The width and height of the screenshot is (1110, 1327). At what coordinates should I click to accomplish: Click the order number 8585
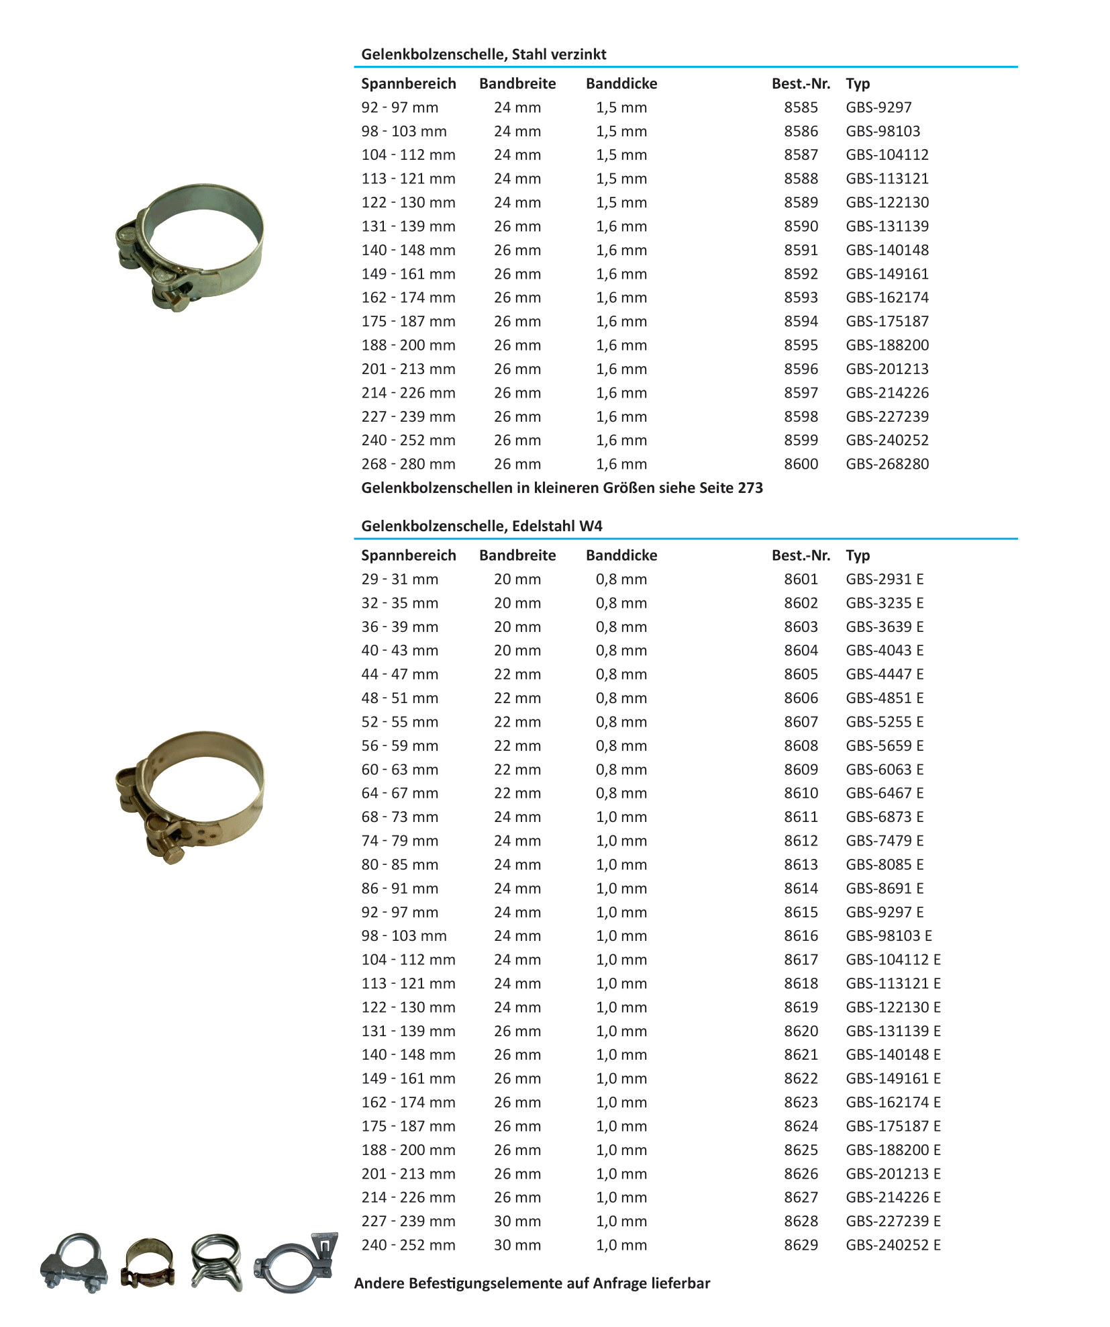tap(801, 107)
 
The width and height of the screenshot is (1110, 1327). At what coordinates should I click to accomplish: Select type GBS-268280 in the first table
tap(887, 464)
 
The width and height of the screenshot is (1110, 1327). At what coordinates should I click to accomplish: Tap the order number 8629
tap(801, 1245)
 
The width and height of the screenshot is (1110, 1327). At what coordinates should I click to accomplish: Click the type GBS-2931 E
tap(885, 579)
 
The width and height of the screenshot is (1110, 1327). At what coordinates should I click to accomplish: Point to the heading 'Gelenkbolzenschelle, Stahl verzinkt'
tap(483, 54)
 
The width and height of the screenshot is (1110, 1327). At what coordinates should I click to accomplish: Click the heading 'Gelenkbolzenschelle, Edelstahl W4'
tap(481, 526)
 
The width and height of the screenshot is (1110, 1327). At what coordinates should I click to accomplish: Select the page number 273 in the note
tap(750, 488)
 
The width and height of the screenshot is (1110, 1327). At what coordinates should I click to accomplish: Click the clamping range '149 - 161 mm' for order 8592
tap(408, 274)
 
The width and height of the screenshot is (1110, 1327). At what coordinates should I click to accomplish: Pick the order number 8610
tap(801, 793)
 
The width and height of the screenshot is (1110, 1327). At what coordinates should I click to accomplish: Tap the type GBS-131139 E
tap(893, 1031)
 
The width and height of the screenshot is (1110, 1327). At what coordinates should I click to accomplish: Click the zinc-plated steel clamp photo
tap(189, 246)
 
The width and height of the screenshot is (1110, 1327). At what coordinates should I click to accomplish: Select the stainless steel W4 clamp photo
tap(189, 796)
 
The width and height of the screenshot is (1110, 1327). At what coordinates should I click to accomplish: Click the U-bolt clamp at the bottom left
tap(74, 1263)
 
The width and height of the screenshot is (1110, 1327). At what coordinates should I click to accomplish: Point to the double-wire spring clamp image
tap(216, 1262)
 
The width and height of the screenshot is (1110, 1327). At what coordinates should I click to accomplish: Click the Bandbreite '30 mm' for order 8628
tap(517, 1221)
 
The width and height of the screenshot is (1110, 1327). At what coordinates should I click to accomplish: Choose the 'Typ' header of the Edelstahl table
tap(858, 555)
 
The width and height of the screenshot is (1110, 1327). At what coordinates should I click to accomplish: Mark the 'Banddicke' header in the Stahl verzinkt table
tap(621, 84)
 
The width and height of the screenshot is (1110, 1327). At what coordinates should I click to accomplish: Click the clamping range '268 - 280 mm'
tap(408, 464)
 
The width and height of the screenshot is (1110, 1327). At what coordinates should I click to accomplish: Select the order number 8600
tap(801, 464)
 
